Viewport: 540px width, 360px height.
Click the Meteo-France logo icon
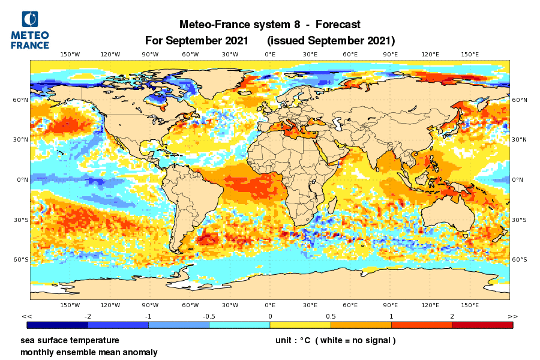pyautogui.click(x=30, y=20)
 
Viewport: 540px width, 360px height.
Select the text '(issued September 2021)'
pyautogui.click(x=331, y=41)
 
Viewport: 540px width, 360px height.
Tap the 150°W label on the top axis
pyautogui.click(x=70, y=55)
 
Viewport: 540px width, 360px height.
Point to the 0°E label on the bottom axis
pyautogui.click(x=270, y=305)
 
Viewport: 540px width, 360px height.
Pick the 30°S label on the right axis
pyautogui.click(x=519, y=220)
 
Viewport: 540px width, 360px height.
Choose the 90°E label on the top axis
pyautogui.click(x=390, y=55)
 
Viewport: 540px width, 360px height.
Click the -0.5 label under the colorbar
pyautogui.click(x=209, y=316)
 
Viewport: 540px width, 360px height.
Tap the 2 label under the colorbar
pyautogui.click(x=452, y=316)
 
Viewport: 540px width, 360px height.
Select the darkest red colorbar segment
pyautogui.click(x=482, y=325)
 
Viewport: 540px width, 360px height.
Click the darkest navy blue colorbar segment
pyautogui.click(x=58, y=325)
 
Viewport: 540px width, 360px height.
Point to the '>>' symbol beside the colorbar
pyautogui.click(x=512, y=316)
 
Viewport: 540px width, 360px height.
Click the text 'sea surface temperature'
pyautogui.click(x=70, y=340)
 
